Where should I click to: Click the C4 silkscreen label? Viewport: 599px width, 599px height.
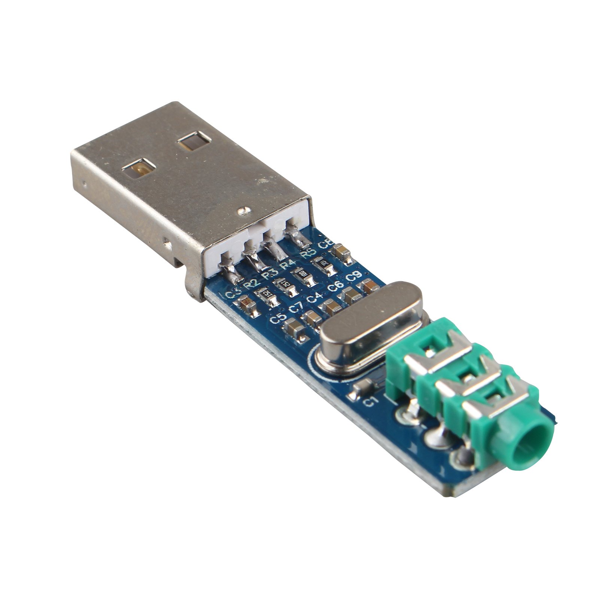[315, 298]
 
